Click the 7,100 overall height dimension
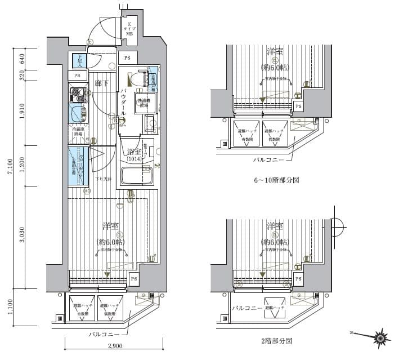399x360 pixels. point(10,168)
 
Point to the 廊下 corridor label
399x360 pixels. point(101,83)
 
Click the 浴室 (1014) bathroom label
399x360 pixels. point(134,155)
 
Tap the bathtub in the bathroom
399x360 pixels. point(137,176)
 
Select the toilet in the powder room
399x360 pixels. point(138,78)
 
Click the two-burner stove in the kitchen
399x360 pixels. point(77,94)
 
